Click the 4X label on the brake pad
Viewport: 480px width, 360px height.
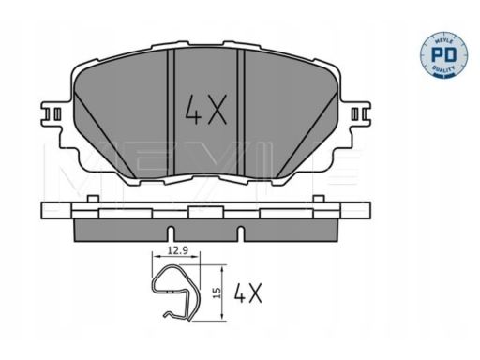pos(205,110)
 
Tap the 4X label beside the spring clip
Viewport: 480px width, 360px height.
pos(248,292)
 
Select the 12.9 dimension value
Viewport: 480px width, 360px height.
pos(177,250)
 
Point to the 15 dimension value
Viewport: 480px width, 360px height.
pos(217,292)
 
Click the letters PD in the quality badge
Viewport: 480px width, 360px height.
pos(443,54)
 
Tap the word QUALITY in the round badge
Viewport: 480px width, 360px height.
pos(443,69)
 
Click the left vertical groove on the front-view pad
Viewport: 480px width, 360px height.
pos(171,112)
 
